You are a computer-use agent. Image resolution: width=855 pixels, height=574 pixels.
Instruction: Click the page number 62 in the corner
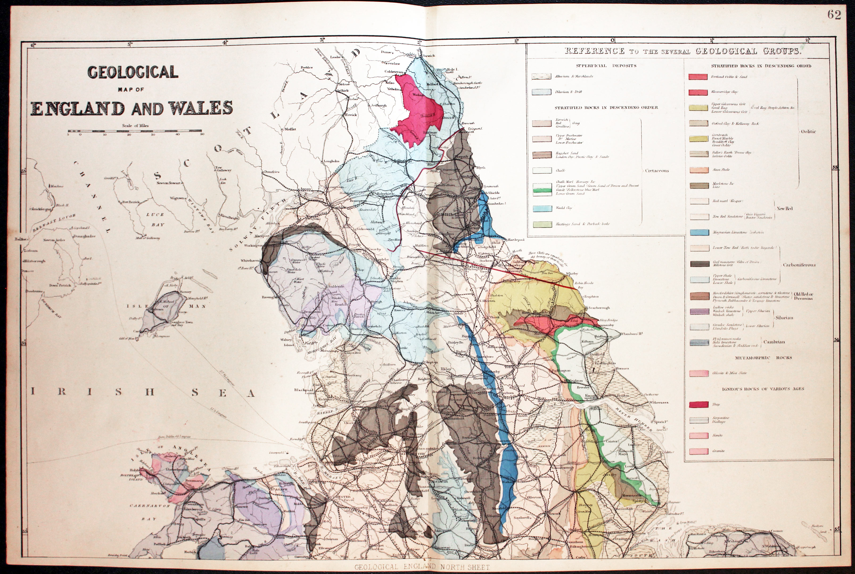834,15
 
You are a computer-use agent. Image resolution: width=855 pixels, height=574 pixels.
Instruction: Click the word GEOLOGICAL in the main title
133,72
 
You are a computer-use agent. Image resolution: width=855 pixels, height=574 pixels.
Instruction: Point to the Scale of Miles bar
135,131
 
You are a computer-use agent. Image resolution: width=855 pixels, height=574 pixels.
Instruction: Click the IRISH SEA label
143,393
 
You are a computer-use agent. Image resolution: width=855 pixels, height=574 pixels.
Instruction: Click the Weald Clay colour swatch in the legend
542,208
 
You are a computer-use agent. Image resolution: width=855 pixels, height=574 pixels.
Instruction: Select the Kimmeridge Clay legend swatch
698,92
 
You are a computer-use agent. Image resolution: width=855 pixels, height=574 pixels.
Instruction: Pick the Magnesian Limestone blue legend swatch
698,232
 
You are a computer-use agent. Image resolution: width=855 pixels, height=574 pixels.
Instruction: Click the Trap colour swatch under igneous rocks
698,405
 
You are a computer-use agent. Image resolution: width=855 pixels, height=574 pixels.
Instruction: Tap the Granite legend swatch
698,451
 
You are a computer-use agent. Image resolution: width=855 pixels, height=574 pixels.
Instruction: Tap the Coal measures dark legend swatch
698,264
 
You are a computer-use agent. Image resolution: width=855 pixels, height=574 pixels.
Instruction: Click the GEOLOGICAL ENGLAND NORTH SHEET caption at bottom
421,567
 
